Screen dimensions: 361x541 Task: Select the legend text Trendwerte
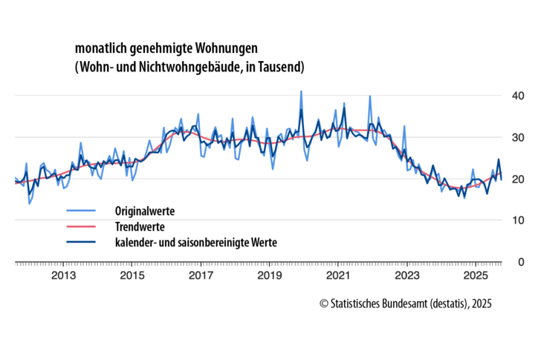click(x=140, y=226)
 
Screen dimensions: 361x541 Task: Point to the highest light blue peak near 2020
click(x=301, y=92)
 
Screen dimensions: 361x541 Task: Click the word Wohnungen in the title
click(x=222, y=48)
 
